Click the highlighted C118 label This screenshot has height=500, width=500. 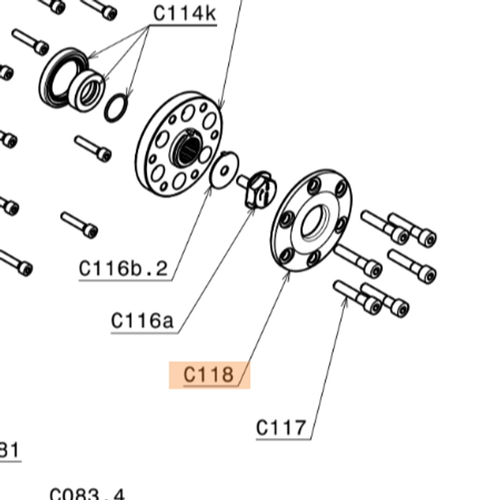click(209, 375)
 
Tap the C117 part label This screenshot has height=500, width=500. click(282, 428)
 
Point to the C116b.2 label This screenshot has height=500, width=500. click(123, 269)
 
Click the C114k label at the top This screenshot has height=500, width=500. click(184, 13)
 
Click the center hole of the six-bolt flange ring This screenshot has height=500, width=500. click(313, 222)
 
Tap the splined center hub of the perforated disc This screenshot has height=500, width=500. click(187, 146)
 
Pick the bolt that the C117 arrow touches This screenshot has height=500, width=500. click(355, 297)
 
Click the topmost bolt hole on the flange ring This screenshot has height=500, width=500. click(314, 185)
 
